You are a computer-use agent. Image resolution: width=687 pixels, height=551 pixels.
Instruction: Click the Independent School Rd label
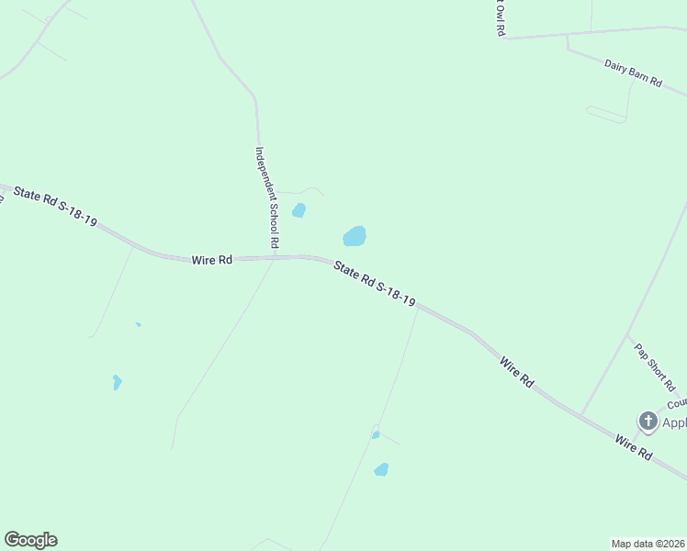click(x=266, y=198)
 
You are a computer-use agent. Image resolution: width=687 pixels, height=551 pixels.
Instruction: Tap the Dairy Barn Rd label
click(x=633, y=73)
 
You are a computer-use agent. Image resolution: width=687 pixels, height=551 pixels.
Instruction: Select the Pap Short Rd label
click(x=655, y=367)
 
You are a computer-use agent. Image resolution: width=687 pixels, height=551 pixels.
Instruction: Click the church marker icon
click(x=648, y=422)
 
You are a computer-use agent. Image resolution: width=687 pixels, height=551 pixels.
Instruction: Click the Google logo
click(x=30, y=540)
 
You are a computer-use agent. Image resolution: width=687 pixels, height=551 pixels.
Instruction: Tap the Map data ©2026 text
click(x=648, y=543)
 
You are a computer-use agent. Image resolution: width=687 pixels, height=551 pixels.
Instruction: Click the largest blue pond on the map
click(x=355, y=237)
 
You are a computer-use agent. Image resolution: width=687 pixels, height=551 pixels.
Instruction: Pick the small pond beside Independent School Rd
click(x=298, y=210)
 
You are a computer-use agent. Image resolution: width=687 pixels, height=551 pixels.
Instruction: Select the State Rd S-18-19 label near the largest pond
click(x=375, y=285)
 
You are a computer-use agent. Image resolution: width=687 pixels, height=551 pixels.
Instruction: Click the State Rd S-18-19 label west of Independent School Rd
click(x=55, y=208)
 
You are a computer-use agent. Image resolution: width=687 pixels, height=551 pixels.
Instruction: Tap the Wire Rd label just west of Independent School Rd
click(x=211, y=260)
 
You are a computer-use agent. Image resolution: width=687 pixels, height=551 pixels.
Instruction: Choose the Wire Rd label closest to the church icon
click(x=634, y=449)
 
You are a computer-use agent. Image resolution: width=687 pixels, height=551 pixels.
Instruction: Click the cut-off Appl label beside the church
click(x=674, y=423)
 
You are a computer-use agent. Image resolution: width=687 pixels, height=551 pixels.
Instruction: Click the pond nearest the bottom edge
click(x=381, y=470)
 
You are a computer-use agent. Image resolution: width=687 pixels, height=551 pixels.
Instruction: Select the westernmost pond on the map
click(x=117, y=382)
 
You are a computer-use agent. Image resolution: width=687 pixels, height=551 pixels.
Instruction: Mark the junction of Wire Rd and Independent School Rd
click(x=275, y=258)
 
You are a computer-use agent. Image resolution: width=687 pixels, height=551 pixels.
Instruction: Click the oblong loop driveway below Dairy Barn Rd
click(x=606, y=115)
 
